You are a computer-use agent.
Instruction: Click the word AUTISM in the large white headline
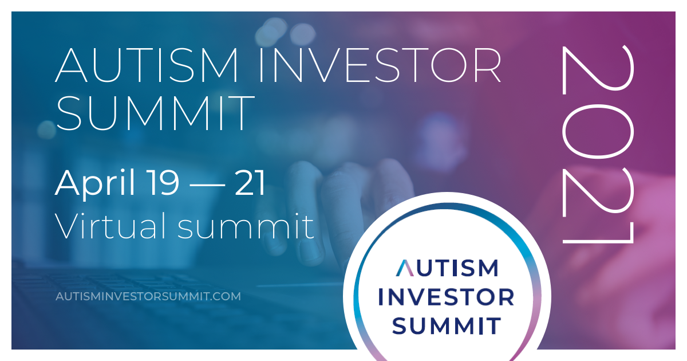(147, 65)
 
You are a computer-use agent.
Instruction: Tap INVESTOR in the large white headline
(380, 65)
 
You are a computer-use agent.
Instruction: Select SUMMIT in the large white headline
(156, 113)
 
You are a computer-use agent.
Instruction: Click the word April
(95, 183)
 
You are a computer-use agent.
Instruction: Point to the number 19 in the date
(162, 183)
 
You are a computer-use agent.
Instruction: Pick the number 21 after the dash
(250, 183)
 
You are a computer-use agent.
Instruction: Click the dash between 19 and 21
(207, 186)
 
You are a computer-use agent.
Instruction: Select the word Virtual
(110, 226)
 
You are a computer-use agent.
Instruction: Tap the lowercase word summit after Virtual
(246, 226)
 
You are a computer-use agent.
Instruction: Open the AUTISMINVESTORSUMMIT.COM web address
(148, 297)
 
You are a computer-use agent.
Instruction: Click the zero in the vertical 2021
(598, 131)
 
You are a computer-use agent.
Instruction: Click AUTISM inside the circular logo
(447, 268)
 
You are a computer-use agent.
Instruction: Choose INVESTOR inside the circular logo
(446, 297)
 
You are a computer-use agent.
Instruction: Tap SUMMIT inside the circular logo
(447, 325)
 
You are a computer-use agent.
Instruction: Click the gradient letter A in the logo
(405, 268)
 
